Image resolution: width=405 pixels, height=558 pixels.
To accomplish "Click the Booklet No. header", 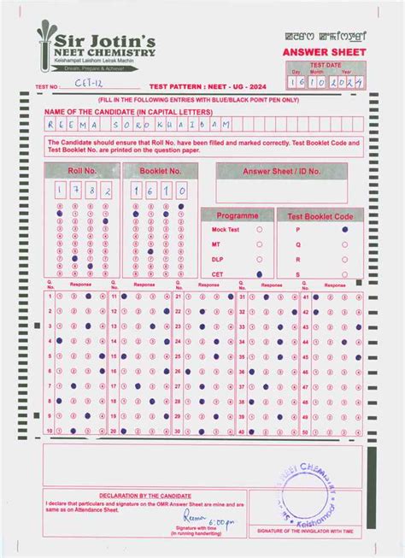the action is pos(160,171).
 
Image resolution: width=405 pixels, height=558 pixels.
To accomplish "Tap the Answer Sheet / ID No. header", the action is pos(285,171).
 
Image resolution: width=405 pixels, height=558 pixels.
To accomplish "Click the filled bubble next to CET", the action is pos(259,273).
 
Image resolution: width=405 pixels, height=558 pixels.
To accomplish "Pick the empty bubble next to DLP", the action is pos(259,259).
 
